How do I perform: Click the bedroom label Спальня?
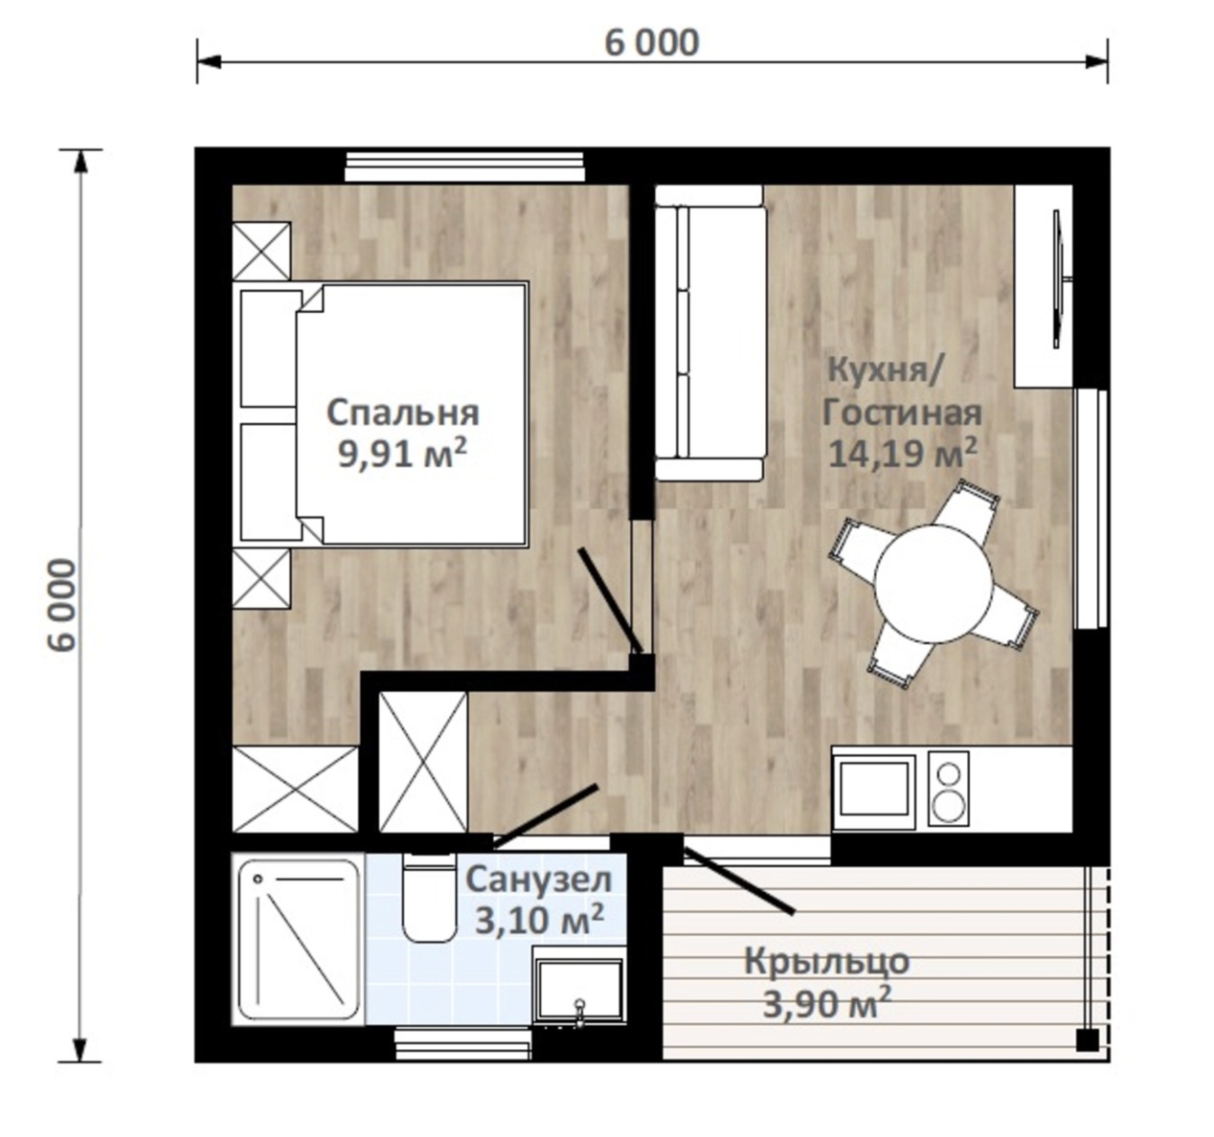pyautogui.click(x=403, y=413)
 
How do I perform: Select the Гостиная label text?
pyautogui.click(x=902, y=413)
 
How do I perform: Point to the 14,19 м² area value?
pyautogui.click(x=902, y=453)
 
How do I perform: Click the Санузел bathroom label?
pyautogui.click(x=538, y=881)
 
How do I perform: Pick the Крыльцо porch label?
pyautogui.click(x=826, y=962)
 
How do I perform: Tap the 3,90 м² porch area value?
pyautogui.click(x=826, y=1004)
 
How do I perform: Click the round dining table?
pyautogui.click(x=933, y=584)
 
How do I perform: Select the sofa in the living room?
pyautogui.click(x=710, y=333)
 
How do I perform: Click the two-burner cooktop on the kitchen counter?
pyautogui.click(x=948, y=790)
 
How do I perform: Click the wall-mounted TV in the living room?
pyautogui.click(x=1061, y=279)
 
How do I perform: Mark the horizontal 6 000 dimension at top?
pyautogui.click(x=652, y=44)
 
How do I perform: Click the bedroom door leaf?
pyautogui.click(x=611, y=600)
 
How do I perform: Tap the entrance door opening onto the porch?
pyautogui.click(x=738, y=880)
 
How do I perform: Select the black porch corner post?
pyautogui.click(x=1088, y=1039)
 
